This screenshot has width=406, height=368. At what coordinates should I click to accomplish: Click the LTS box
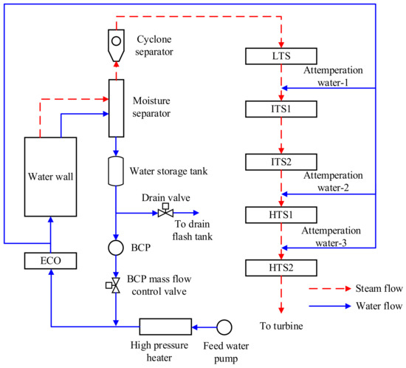(281, 56)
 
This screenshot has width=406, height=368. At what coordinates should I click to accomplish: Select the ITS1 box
(281, 109)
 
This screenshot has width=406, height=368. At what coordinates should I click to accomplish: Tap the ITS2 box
(281, 161)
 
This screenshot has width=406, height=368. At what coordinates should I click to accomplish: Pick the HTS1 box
(281, 214)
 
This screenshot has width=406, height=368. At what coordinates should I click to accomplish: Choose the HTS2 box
(281, 266)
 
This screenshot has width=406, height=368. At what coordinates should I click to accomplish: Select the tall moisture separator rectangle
(117, 105)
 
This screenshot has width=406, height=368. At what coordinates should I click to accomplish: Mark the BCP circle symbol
(117, 248)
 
